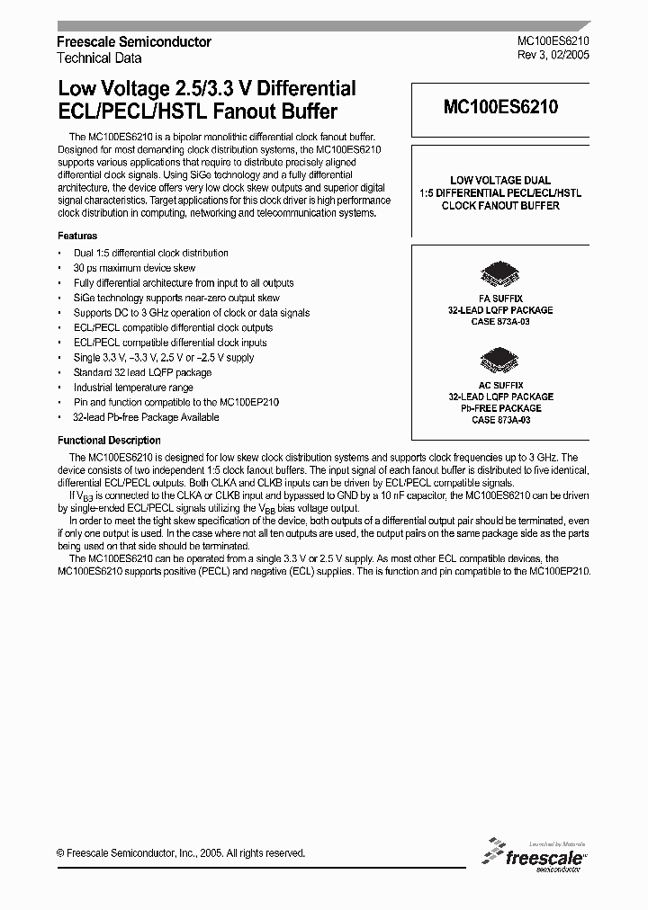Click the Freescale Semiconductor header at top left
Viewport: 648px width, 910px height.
(134, 41)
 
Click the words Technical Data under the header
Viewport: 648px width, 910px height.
(99, 58)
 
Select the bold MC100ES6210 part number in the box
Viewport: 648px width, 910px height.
(500, 107)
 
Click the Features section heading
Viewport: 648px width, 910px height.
(77, 236)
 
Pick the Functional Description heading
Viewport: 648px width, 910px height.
(109, 441)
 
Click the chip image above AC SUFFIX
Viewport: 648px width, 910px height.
(499, 361)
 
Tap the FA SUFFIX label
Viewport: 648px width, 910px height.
(500, 298)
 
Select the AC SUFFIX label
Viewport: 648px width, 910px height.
(500, 384)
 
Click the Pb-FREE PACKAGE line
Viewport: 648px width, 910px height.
(500, 408)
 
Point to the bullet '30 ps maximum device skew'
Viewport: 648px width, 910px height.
(134, 268)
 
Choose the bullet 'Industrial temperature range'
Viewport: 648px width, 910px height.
(133, 388)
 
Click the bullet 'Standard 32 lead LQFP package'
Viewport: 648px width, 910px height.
(142, 372)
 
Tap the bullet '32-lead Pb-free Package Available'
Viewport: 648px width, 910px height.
(146, 417)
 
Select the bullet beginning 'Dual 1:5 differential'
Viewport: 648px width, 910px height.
(150, 253)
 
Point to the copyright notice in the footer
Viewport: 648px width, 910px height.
(181, 853)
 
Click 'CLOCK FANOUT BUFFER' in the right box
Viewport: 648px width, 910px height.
(500, 206)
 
